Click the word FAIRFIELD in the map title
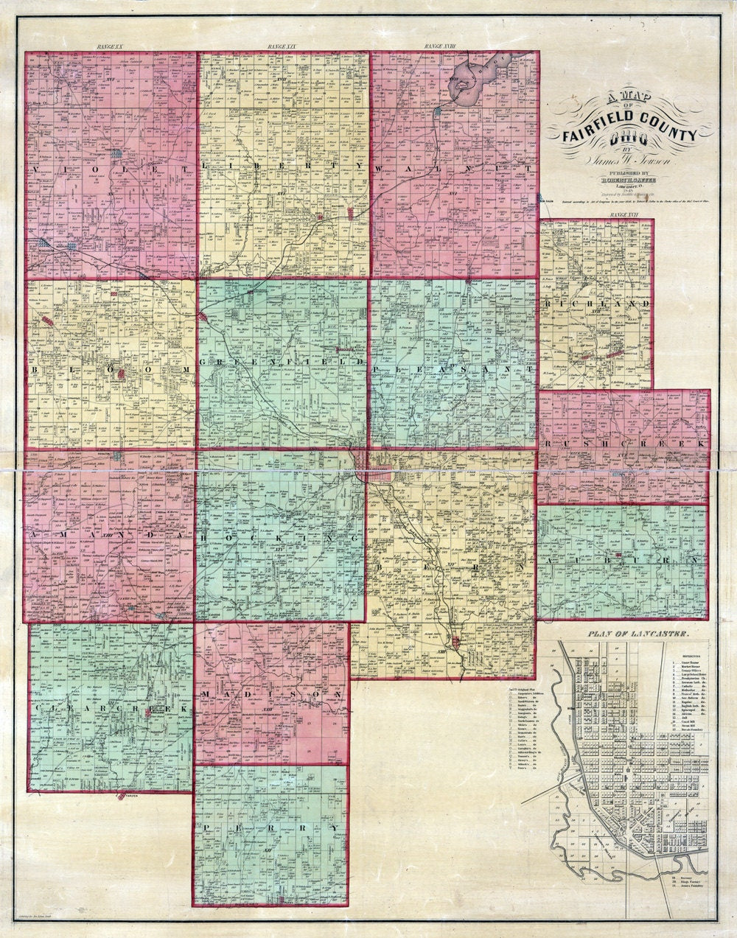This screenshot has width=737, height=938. click(x=593, y=135)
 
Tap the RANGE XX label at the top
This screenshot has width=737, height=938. click(x=112, y=47)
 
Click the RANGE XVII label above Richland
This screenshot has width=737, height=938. click(x=624, y=214)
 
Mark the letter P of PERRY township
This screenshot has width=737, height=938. click(x=209, y=827)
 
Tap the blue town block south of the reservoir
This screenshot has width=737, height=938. click(x=439, y=111)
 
